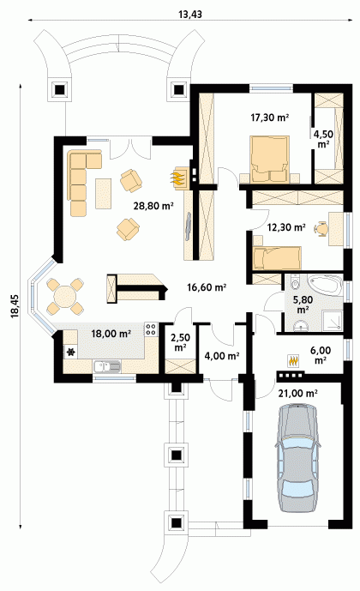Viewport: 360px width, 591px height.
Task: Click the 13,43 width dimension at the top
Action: coord(190,15)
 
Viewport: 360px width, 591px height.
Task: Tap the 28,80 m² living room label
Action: coord(153,206)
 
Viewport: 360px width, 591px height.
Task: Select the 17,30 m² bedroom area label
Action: coord(270,118)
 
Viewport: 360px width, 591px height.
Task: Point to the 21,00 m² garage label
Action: coord(297,394)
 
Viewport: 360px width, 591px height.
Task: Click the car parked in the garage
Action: coord(298,457)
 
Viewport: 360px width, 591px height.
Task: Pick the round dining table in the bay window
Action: coord(65,296)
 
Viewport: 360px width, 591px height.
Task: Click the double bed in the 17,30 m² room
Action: coord(269,159)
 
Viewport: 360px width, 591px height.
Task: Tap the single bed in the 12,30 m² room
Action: coord(277,258)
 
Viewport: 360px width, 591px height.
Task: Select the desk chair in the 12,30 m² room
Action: coord(321,228)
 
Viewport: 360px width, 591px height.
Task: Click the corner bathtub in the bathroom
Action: coord(325,286)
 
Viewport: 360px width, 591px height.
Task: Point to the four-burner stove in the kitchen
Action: coord(151,329)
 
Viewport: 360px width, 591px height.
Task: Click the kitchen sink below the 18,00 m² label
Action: coord(107,367)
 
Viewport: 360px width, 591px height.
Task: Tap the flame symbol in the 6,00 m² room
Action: coord(293,361)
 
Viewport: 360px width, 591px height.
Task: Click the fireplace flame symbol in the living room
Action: coord(179,177)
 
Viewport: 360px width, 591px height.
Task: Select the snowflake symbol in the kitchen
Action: coord(70,353)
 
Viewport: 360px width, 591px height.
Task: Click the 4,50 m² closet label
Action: coord(323,139)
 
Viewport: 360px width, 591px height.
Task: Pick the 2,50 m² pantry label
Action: coord(180,342)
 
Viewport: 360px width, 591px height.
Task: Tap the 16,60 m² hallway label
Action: coord(207,287)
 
